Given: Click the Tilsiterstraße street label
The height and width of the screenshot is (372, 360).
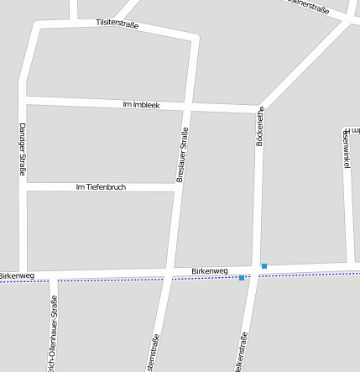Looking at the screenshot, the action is [x=117, y=24].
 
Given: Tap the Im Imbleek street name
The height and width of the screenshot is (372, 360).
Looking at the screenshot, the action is [x=141, y=105].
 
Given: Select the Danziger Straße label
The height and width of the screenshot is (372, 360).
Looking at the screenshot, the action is [x=23, y=149].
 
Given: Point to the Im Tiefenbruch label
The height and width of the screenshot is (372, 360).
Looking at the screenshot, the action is [x=101, y=186].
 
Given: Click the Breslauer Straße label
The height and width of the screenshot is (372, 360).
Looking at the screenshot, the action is [x=180, y=154].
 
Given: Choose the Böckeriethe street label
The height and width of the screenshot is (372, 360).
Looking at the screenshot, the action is [x=260, y=127].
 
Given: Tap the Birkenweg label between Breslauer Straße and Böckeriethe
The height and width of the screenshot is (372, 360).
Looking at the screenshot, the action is [x=210, y=270].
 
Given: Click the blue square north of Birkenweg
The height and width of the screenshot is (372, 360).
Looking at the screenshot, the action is [x=264, y=266].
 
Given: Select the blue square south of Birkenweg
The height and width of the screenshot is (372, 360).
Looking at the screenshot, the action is [x=242, y=278].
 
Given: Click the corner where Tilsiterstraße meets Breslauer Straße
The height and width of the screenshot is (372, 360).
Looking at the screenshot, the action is [x=196, y=38].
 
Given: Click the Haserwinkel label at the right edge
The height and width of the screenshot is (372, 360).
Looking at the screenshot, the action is [x=345, y=152].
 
